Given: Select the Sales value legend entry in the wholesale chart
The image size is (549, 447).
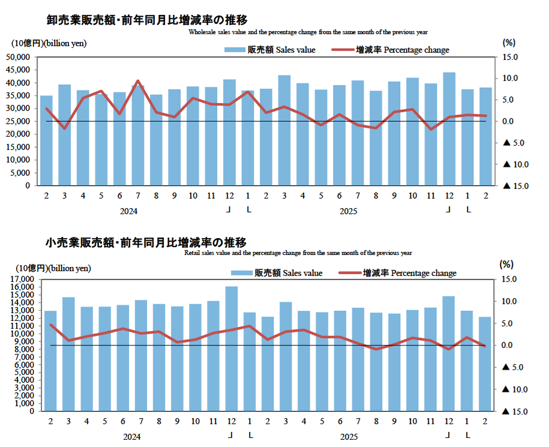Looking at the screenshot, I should [x=270, y=50].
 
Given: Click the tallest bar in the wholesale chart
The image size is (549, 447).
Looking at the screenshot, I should [x=449, y=128].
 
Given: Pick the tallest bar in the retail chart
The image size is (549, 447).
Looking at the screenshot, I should [x=231, y=349].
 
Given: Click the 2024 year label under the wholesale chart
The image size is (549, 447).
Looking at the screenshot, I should [x=128, y=211].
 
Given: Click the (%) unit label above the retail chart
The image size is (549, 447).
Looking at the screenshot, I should [x=507, y=264].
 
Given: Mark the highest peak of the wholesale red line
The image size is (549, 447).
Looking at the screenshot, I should [x=137, y=81].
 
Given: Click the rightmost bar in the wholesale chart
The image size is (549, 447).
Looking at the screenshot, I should [x=485, y=136].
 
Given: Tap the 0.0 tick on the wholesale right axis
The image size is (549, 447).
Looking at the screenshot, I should [x=509, y=121].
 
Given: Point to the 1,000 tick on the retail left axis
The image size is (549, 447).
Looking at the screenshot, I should [x=25, y=404].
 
